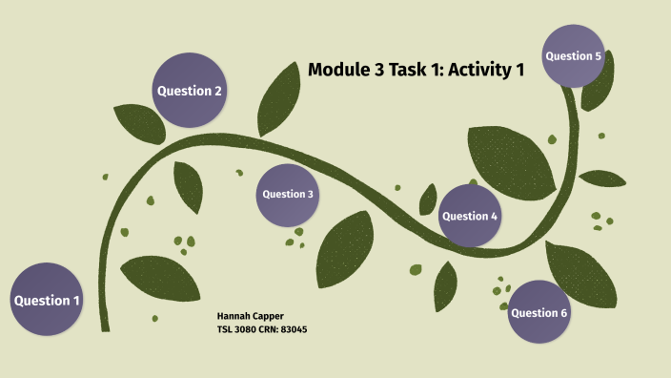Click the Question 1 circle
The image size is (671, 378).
46,300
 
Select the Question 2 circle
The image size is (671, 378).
190,91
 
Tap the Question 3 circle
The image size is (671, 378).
288,194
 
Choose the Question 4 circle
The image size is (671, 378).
470,216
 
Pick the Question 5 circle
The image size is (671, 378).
573,56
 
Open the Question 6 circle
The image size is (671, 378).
539,312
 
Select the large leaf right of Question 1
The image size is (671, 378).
159,278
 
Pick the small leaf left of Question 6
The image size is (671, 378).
445,285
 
